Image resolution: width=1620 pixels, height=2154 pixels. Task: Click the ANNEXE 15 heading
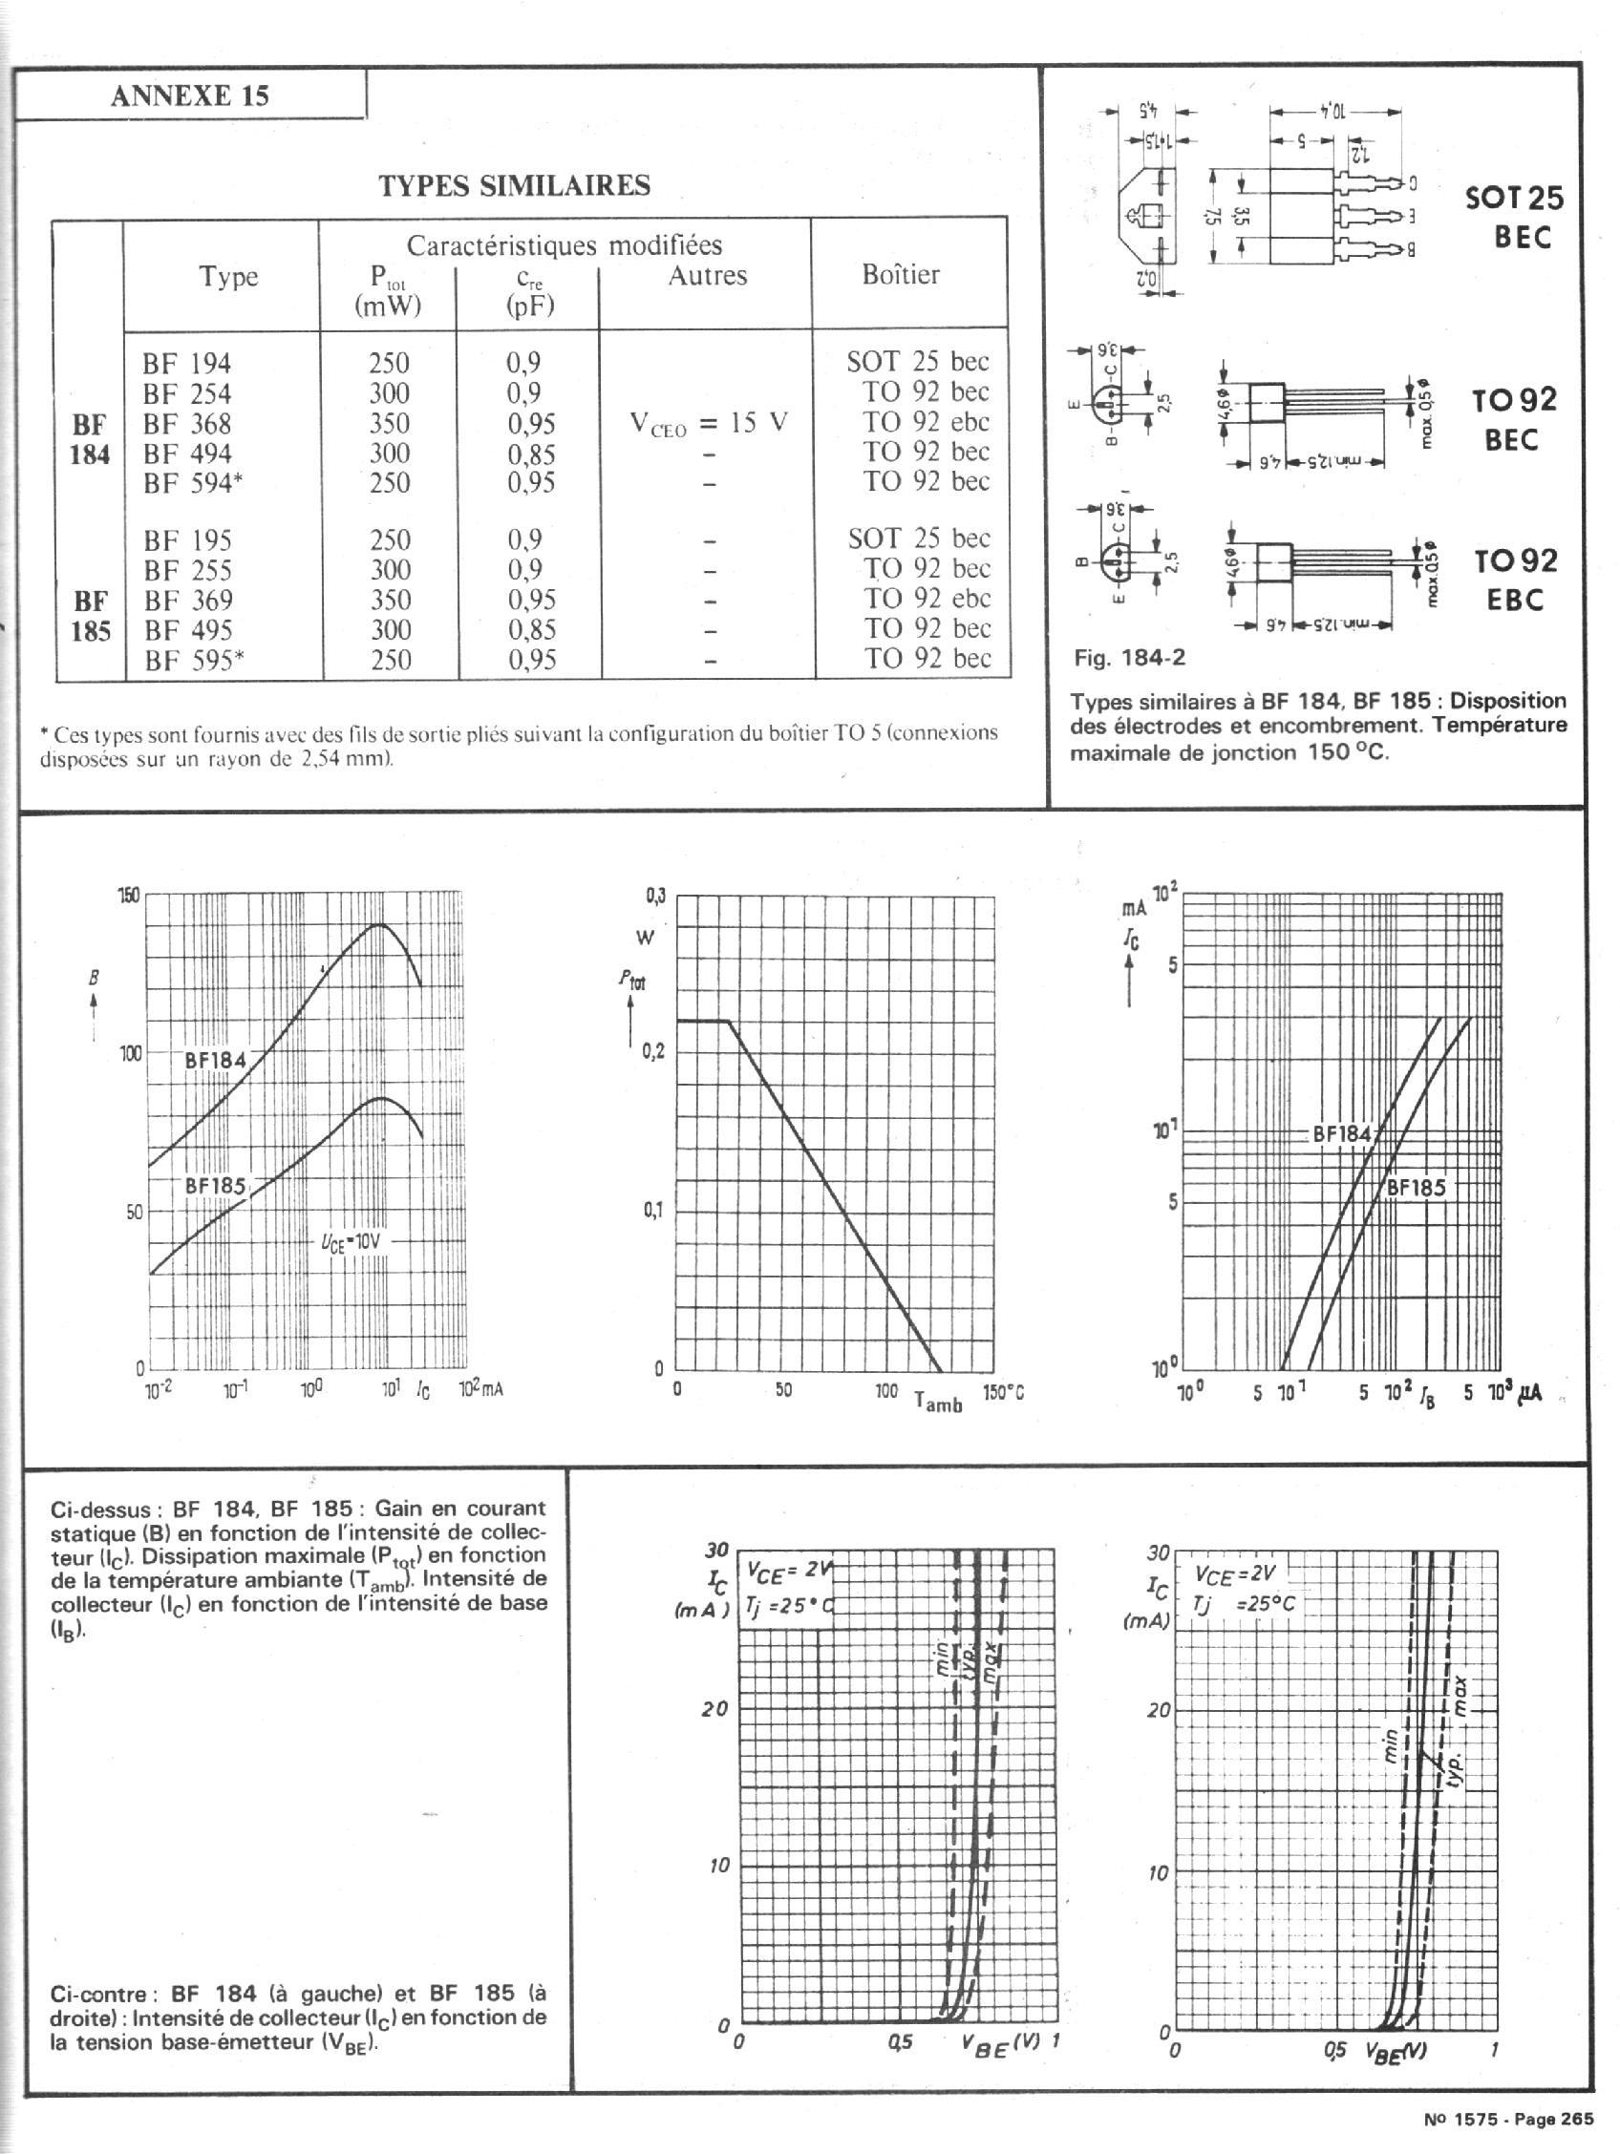[189, 95]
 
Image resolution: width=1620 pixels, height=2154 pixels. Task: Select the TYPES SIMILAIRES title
[513, 185]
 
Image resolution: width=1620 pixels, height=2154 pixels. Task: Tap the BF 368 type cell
[187, 424]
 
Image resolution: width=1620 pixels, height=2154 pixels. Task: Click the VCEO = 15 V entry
[708, 424]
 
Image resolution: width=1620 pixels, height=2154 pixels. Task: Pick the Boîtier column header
[900, 275]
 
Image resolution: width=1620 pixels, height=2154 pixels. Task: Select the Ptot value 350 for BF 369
[389, 600]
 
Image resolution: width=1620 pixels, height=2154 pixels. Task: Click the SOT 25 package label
[1514, 199]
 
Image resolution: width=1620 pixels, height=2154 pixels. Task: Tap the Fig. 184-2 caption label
[1129, 657]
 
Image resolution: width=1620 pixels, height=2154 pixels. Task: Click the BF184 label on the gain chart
[215, 1060]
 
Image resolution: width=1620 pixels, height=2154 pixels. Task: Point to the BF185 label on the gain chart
[215, 1186]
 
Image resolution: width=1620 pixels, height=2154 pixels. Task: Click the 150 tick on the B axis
[129, 896]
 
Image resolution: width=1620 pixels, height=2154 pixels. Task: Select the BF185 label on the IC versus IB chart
[1416, 1188]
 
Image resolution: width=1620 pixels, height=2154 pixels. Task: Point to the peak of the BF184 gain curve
[381, 924]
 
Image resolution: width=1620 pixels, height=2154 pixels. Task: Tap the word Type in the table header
[228, 277]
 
